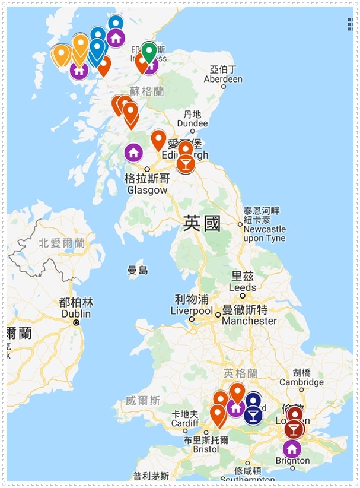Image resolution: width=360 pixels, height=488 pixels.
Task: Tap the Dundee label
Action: tap(193, 119)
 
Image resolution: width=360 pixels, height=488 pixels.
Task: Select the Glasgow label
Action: tap(147, 185)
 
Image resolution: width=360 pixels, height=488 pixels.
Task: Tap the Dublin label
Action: tap(76, 308)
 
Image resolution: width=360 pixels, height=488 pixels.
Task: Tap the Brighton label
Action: tap(292, 461)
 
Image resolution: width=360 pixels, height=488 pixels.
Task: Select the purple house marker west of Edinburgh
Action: tap(133, 153)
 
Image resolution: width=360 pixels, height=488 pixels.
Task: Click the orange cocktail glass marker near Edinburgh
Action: tap(186, 163)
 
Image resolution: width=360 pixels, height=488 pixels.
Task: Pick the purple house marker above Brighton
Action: tap(291, 448)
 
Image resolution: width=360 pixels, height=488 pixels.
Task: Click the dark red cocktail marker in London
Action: tap(294, 428)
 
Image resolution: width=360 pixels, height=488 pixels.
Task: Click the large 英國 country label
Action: tap(202, 224)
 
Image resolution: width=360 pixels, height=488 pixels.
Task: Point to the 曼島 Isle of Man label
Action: tap(138, 270)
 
